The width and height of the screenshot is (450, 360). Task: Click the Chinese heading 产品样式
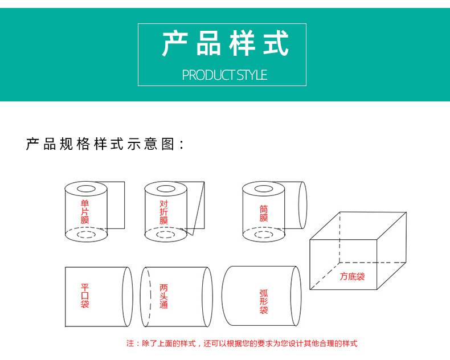[226, 43]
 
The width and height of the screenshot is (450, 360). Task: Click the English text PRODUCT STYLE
[224, 75]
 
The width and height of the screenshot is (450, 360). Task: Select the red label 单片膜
[85, 212]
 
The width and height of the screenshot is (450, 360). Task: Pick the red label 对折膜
[163, 212]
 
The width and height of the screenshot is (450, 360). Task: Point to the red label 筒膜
[264, 213]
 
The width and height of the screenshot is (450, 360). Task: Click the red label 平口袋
[85, 296]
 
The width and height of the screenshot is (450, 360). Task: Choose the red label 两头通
[163, 296]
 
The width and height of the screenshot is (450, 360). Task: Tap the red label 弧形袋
[264, 301]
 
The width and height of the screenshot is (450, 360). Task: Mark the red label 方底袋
[352, 276]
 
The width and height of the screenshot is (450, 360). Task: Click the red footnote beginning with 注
[242, 343]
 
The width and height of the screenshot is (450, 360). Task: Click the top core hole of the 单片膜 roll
[86, 189]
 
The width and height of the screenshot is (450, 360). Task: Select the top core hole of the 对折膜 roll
[166, 189]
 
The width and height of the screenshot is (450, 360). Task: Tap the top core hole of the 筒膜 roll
[264, 189]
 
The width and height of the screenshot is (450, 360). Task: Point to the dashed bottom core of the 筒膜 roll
[264, 235]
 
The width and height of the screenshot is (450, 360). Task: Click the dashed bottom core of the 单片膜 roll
[86, 235]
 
